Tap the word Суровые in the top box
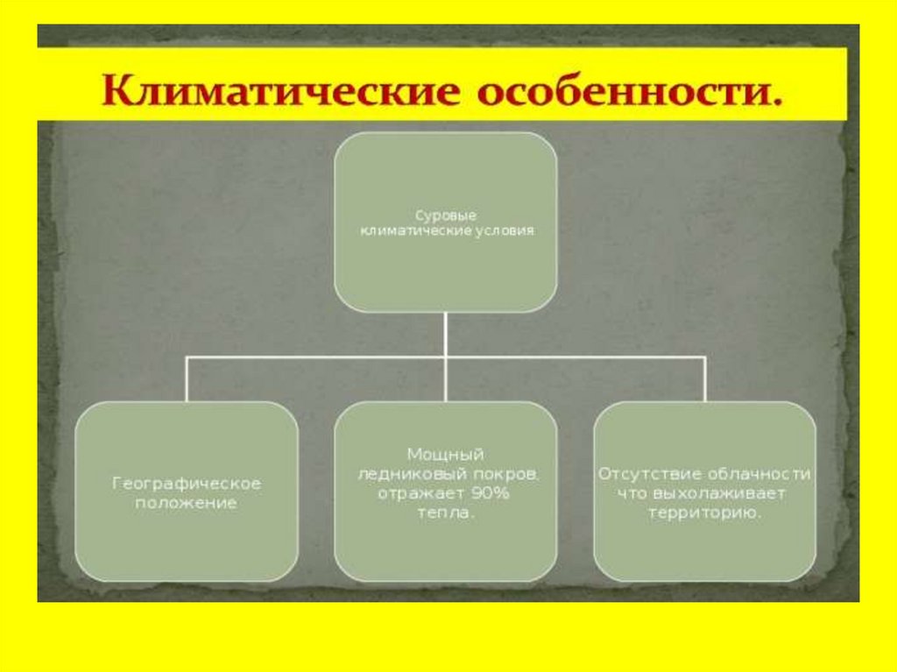coord(444,215)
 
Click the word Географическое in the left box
coord(187,484)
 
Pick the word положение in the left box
coord(187,503)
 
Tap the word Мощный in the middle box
coord(445,455)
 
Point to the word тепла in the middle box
coord(445,513)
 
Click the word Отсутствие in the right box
coord(639,474)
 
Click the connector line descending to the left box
coord(187,378)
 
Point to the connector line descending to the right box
coord(704,378)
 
